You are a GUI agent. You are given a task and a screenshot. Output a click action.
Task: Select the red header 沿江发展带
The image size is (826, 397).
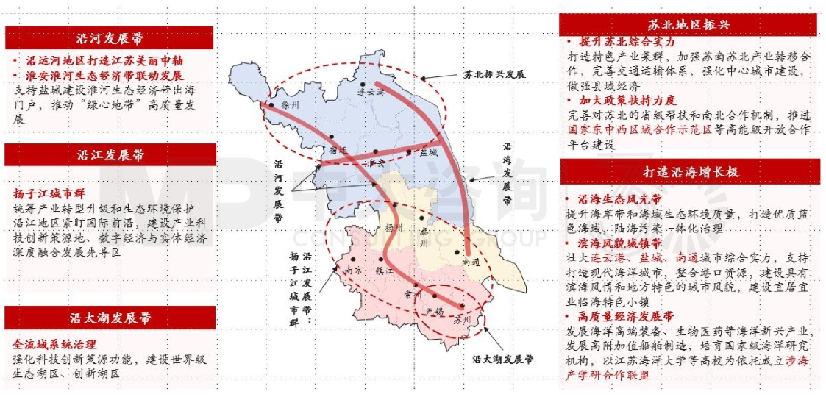110,155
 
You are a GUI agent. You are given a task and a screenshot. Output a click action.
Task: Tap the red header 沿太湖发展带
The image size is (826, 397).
110,318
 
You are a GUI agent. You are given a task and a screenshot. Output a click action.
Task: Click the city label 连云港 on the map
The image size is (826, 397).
371,92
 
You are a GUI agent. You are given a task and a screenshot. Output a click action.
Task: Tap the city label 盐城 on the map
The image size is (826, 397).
427,153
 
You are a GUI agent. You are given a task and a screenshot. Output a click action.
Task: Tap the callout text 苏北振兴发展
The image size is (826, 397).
494,74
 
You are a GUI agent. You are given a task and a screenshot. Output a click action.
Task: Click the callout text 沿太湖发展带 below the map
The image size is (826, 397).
502,361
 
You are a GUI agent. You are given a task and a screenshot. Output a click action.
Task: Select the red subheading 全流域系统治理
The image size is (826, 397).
54,344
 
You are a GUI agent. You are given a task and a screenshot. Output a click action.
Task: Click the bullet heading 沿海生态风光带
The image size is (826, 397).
619,199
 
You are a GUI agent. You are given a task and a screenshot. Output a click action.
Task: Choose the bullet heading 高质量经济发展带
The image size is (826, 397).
625,317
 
